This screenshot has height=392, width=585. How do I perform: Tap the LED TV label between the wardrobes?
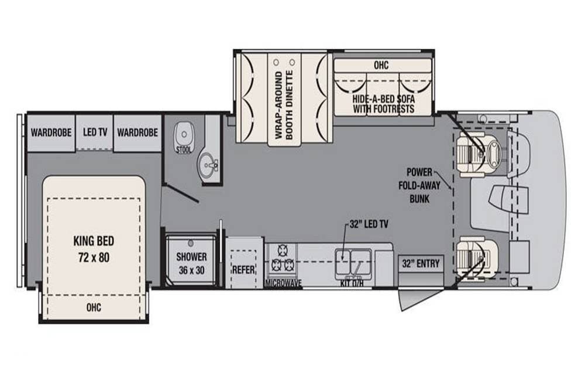pyautogui.click(x=95, y=132)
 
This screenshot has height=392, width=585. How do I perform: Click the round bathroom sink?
pyautogui.click(x=209, y=163)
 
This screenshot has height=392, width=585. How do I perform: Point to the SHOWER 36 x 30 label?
pyautogui.click(x=191, y=264)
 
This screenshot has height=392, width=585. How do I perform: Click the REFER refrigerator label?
pyautogui.click(x=243, y=270)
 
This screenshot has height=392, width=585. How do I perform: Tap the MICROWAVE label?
pyautogui.click(x=283, y=284)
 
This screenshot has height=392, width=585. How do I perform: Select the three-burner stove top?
pyautogui.click(x=282, y=258)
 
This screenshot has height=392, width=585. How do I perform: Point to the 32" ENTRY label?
pyautogui.click(x=421, y=264)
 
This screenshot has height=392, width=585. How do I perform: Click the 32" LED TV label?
pyautogui.click(x=369, y=224)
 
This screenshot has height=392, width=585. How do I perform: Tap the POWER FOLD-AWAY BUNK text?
pyautogui.click(x=419, y=185)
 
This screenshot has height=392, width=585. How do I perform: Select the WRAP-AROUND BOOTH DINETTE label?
pyautogui.click(x=284, y=105)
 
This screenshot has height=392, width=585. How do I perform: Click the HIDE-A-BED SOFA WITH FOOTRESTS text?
pyautogui.click(x=384, y=104)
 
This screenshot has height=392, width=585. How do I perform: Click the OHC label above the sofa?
pyautogui.click(x=381, y=65)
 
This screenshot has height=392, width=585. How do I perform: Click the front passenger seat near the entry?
pyautogui.click(x=476, y=257)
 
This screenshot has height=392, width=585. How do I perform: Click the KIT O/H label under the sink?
pyautogui.click(x=352, y=283)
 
